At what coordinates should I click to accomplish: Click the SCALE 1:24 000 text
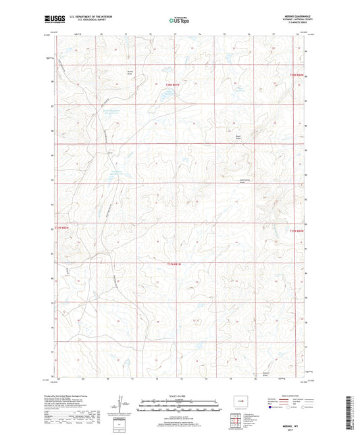[180, 395]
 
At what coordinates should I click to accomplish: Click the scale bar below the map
[180, 407]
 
